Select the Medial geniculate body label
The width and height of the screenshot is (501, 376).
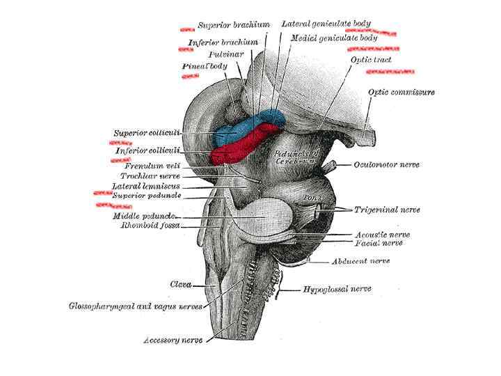[334, 38]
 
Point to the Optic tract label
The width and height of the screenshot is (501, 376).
[371, 61]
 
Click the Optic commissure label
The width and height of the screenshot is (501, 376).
[401, 92]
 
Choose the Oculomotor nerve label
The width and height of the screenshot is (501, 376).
[385, 165]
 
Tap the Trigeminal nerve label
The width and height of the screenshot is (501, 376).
[387, 209]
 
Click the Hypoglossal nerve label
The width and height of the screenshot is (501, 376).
[337, 289]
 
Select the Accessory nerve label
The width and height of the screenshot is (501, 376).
[173, 341]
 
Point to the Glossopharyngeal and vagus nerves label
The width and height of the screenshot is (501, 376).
[136, 306]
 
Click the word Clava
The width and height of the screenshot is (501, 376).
[182, 284]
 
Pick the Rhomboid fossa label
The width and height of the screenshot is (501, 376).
[150, 226]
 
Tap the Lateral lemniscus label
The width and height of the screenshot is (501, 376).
[146, 187]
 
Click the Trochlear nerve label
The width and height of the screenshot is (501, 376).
[152, 177]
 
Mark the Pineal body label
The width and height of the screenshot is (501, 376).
[205, 66]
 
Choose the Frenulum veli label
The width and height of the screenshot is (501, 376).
[152, 166]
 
